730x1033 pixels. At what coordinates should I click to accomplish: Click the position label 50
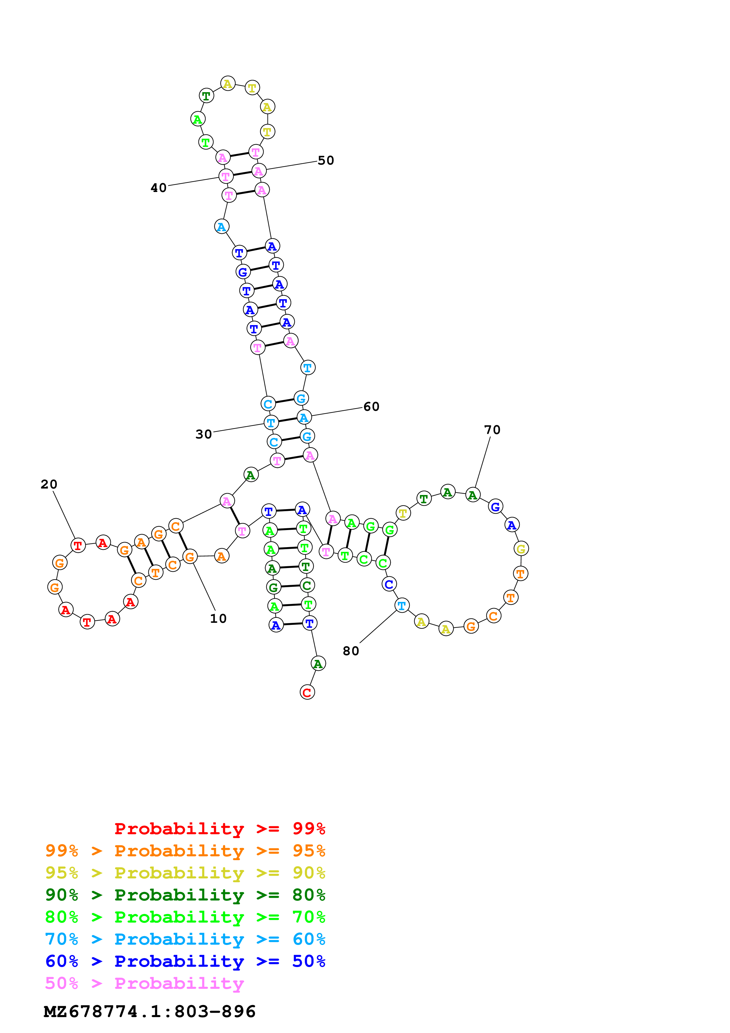(326, 160)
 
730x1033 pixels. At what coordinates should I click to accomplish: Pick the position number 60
(371, 406)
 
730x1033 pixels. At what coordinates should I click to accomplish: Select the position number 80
(351, 651)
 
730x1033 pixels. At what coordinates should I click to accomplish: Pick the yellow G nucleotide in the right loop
(521, 549)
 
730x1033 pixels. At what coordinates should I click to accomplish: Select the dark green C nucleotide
(307, 585)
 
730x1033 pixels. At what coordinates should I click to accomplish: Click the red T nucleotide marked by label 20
(78, 546)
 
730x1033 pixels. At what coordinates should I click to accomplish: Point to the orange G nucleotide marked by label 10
(190, 557)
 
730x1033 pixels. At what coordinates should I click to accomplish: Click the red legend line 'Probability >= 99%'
(219, 829)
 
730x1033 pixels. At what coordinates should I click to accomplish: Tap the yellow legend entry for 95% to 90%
(185, 873)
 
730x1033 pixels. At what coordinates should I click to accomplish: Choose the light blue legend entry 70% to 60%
(185, 939)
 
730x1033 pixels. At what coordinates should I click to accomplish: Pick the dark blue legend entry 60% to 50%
(185, 961)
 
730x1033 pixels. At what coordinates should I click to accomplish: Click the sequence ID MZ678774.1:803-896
(149, 1012)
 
